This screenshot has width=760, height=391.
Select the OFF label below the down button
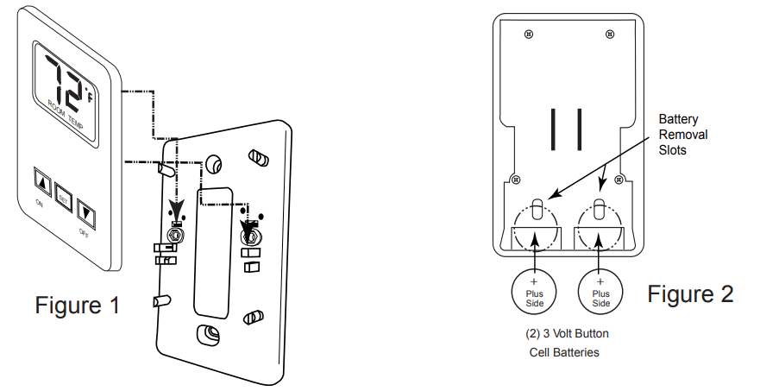click(83, 233)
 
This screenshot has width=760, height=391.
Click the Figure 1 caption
click(77, 305)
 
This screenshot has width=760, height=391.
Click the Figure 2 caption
click(690, 293)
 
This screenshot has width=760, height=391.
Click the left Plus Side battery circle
click(533, 292)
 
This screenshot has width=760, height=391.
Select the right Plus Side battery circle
click(601, 292)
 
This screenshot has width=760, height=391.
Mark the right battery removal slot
click(600, 210)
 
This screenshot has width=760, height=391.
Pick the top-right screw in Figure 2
click(609, 34)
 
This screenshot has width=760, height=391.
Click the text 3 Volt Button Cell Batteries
click(567, 342)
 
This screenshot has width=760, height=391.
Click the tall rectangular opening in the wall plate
click(212, 250)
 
